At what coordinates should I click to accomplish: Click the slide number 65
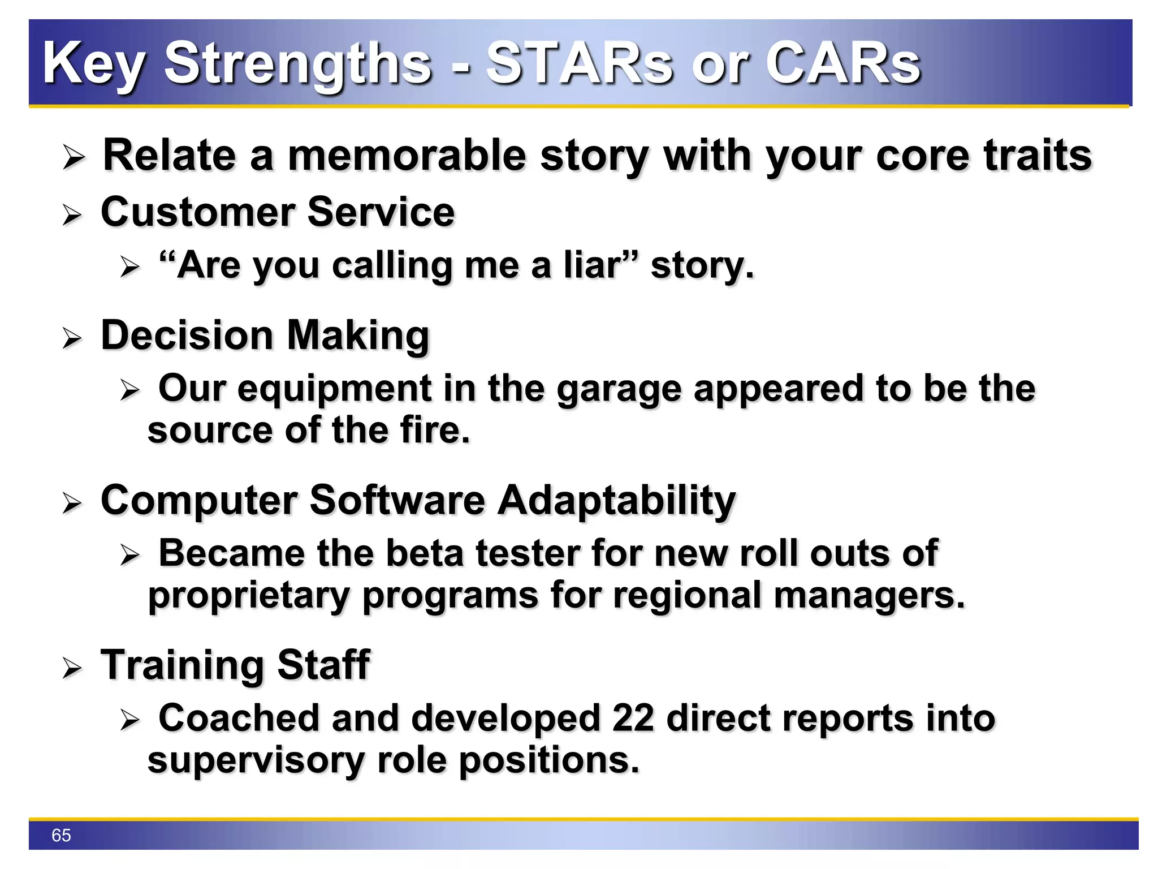click(61, 835)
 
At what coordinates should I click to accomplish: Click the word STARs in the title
click(579, 63)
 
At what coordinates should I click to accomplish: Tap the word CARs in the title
click(842, 63)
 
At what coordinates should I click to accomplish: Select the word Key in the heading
click(93, 64)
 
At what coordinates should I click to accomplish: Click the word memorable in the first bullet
click(407, 156)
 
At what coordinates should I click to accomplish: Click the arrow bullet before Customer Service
click(72, 215)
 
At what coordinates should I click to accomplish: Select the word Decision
click(187, 335)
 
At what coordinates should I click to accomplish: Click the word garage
click(619, 390)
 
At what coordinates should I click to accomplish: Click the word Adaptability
click(616, 501)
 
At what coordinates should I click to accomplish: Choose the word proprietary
click(249, 596)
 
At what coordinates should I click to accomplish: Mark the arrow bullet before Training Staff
click(72, 668)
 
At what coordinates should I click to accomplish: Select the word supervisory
click(256, 760)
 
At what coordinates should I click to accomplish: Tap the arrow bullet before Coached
click(129, 720)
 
